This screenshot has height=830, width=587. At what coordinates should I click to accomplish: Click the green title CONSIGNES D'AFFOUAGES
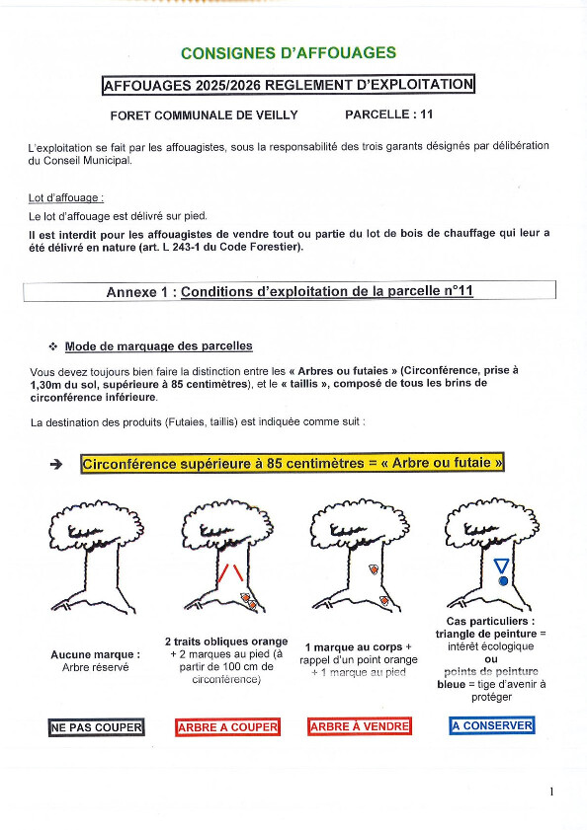[289, 53]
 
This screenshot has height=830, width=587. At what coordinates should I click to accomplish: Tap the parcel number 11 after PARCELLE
[426, 114]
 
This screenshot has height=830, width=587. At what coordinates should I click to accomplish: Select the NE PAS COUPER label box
[97, 727]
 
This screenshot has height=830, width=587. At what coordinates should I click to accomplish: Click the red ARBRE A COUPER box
[227, 727]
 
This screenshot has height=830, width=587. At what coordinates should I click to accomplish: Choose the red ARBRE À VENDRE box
[360, 726]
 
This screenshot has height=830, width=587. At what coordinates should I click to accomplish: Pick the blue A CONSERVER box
[491, 725]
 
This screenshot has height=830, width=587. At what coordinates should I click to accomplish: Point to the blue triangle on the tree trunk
[501, 566]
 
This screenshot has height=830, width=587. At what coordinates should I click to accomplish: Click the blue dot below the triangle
[503, 580]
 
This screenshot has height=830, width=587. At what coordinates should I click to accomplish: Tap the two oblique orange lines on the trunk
[231, 572]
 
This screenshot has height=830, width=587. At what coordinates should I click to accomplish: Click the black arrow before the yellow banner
[55, 464]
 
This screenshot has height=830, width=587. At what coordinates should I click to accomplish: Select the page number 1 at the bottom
[551, 792]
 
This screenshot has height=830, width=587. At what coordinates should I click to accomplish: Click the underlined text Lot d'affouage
[66, 198]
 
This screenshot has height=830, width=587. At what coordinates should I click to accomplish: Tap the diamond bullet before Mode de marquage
[53, 346]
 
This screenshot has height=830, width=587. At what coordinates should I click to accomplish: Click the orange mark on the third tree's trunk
[374, 569]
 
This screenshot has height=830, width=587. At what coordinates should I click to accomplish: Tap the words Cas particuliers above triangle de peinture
[490, 622]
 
